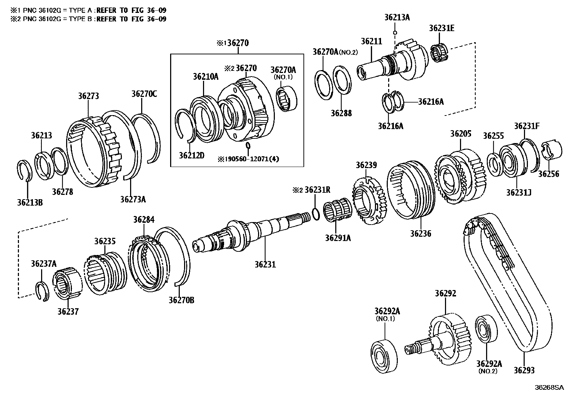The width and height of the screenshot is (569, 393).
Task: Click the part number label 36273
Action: click(x=88, y=96)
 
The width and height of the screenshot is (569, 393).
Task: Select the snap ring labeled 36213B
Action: click(x=24, y=170)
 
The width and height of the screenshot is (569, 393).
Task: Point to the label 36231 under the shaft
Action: click(x=265, y=264)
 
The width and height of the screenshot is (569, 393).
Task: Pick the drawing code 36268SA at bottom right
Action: click(x=549, y=387)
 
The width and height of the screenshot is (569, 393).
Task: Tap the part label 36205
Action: click(x=461, y=134)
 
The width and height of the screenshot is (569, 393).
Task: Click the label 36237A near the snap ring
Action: click(x=44, y=264)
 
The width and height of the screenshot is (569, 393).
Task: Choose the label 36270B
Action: click(x=182, y=300)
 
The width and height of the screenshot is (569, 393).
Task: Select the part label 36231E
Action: click(x=442, y=29)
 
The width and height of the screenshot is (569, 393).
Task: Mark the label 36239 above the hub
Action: click(x=366, y=165)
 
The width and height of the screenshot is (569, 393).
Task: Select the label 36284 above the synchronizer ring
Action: click(x=144, y=219)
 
